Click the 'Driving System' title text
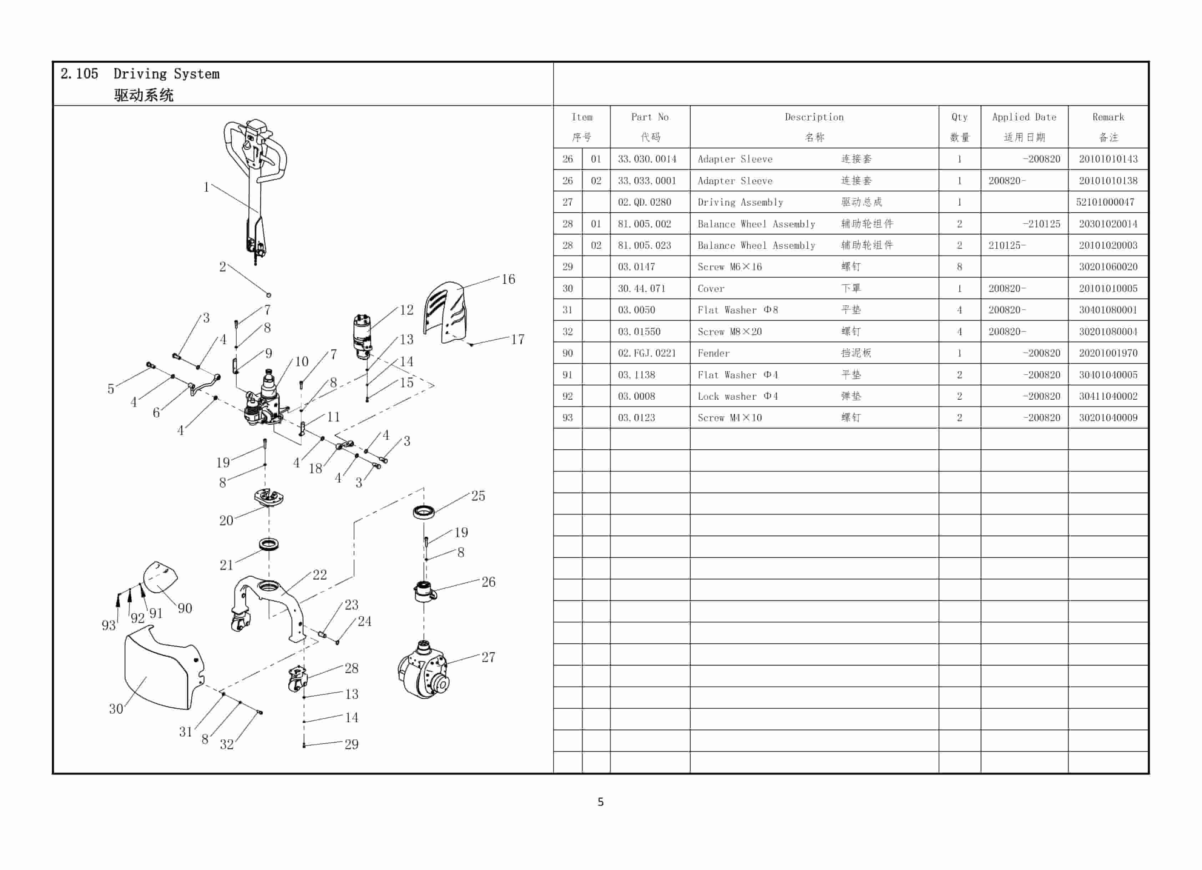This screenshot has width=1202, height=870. pyautogui.click(x=166, y=74)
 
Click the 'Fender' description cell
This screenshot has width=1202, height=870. pyautogui.click(x=713, y=353)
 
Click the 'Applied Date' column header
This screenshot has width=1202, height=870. pyautogui.click(x=1024, y=117)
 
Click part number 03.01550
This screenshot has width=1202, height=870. pyautogui.click(x=638, y=332)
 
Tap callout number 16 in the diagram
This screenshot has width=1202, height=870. pyautogui.click(x=508, y=279)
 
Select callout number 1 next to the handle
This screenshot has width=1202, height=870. pyautogui.click(x=206, y=187)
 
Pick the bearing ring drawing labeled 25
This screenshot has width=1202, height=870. pyautogui.click(x=424, y=512)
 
